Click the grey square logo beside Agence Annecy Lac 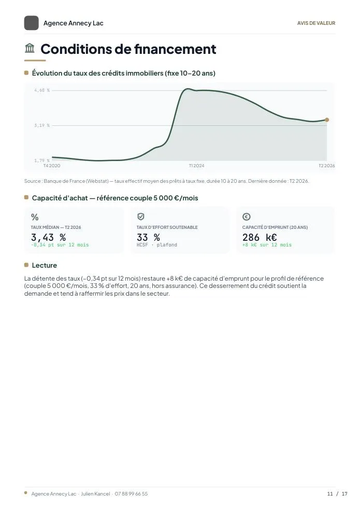coord(31,23)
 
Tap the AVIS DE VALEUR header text coord(316,23)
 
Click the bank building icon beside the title coord(30,48)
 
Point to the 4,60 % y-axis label coord(42,90)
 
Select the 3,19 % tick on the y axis coord(42,125)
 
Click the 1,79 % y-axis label coord(42,161)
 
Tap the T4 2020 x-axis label coord(52,166)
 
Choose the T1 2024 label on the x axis coord(197,166)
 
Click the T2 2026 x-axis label coord(326,166)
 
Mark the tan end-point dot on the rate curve coord(327,120)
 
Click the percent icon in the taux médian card coord(35,217)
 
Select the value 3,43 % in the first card coord(48,237)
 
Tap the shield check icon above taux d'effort coord(140,216)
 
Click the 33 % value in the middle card coord(148,237)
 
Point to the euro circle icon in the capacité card coord(247,216)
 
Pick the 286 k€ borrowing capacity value coord(260,237)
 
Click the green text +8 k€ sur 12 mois coord(267,245)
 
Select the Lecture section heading coord(44,265)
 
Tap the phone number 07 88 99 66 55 coord(131,494)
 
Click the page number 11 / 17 coord(337,494)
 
